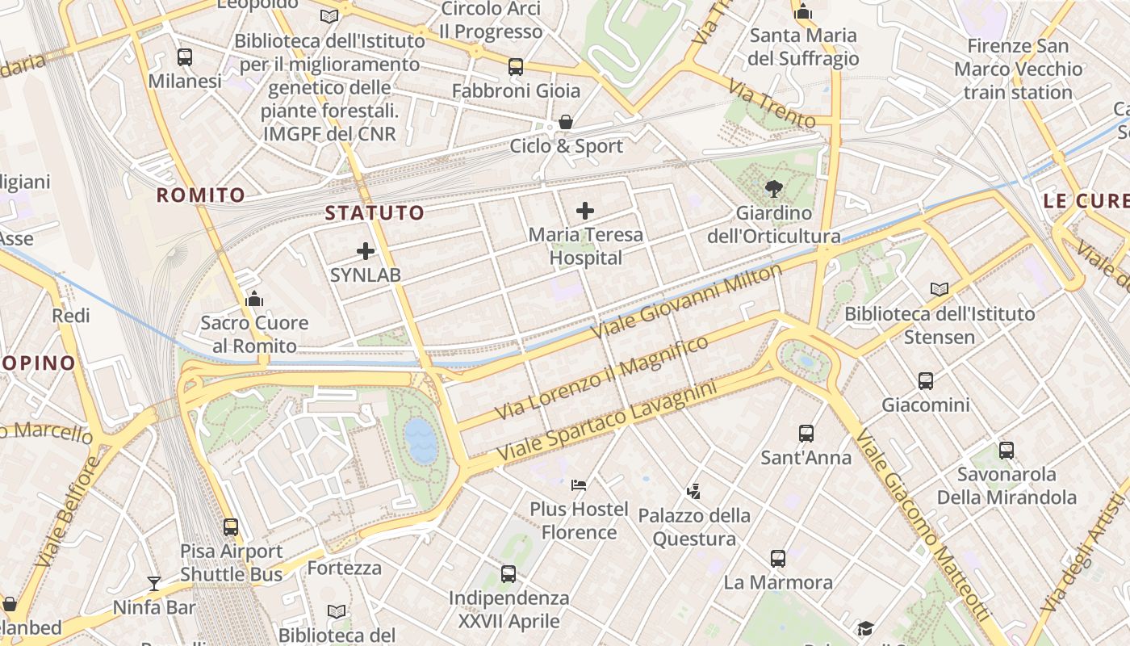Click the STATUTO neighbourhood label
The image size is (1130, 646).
[x=375, y=213]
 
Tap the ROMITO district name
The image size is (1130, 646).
[x=200, y=195]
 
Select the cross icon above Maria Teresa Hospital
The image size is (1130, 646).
[x=585, y=212]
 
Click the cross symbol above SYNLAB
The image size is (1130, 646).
[x=366, y=251]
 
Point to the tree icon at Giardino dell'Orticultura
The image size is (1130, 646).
[x=774, y=189]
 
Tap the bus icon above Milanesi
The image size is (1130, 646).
[x=185, y=57]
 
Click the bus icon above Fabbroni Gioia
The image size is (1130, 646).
[x=516, y=67]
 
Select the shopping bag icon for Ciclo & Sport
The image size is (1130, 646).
[x=566, y=122]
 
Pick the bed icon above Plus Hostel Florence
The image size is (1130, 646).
[x=579, y=485]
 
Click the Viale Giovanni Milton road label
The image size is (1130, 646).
[x=687, y=300]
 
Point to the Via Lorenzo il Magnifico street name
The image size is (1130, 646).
[x=601, y=378]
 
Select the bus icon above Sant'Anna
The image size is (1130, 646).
[x=806, y=434]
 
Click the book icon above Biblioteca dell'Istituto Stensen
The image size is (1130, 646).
[x=940, y=289]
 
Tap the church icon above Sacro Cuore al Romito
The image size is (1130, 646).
[x=254, y=300]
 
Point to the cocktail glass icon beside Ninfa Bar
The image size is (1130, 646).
[x=154, y=583]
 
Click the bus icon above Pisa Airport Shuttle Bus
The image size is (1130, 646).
[x=231, y=527]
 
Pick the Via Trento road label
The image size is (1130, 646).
[x=771, y=103]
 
